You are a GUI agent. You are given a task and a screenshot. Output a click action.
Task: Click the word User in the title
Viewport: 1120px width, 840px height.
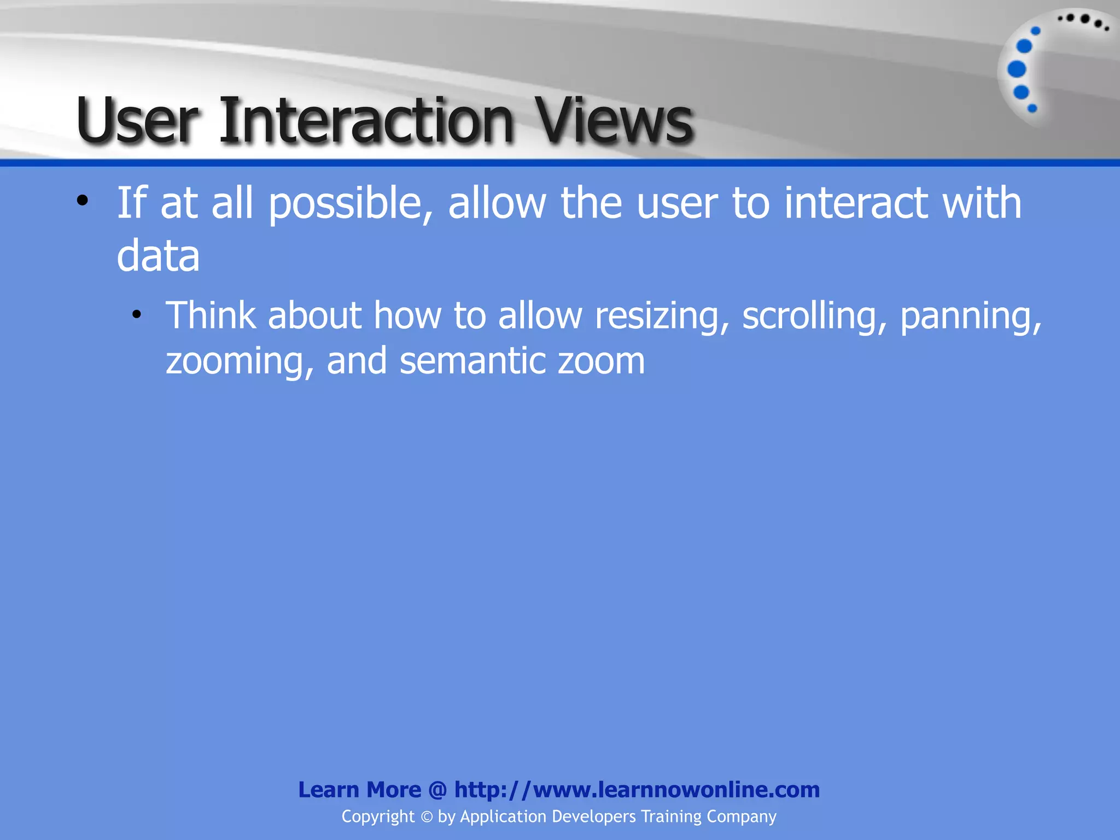coord(137,120)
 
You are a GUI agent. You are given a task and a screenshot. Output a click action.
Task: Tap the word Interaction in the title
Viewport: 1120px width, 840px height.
coord(366,120)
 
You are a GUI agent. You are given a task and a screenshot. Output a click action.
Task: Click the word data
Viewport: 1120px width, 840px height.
coord(158,256)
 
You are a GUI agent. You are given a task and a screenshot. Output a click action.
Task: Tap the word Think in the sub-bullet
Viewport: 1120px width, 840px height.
coord(211,316)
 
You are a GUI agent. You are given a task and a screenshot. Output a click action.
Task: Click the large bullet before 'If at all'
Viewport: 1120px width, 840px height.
coord(82,201)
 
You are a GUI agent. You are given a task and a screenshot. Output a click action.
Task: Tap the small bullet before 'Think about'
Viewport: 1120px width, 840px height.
coord(137,314)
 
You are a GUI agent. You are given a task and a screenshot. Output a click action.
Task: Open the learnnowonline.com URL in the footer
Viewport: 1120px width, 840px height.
coord(637,790)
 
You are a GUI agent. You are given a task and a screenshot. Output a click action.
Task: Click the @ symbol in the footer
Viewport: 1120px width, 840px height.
coord(437,790)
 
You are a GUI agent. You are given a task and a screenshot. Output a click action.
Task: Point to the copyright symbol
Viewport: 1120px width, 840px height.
coord(427,817)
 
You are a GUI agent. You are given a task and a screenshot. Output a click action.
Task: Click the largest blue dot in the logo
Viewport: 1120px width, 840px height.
coord(1017,69)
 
